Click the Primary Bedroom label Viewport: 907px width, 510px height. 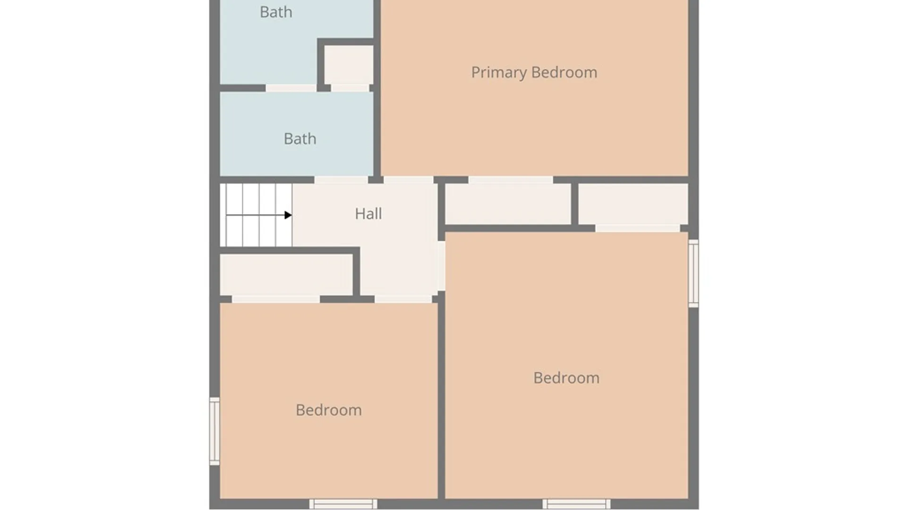(x=534, y=72)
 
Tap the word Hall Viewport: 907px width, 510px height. (x=368, y=213)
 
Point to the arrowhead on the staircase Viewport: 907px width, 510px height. (x=288, y=215)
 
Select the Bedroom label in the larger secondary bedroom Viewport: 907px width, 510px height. (x=566, y=378)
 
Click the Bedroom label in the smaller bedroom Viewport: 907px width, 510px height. (x=328, y=410)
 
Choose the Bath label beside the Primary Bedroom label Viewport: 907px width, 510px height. (x=276, y=12)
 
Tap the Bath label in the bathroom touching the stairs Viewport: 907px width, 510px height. (x=299, y=138)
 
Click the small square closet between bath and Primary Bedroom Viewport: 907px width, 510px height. (x=349, y=65)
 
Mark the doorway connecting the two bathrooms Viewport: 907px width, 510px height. (x=291, y=88)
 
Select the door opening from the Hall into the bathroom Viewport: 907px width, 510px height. (x=341, y=180)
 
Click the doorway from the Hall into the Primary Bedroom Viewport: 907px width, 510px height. (x=408, y=180)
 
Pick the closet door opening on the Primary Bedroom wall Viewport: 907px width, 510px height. (x=510, y=180)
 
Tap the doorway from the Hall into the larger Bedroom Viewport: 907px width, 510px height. (x=441, y=266)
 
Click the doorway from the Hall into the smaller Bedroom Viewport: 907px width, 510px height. (x=403, y=299)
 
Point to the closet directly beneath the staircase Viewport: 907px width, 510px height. (x=286, y=274)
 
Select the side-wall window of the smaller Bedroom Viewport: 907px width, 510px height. (x=214, y=431)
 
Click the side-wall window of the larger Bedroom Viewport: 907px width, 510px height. (x=693, y=273)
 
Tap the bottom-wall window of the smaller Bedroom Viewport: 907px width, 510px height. (x=343, y=504)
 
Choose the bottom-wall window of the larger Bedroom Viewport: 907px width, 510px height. (x=576, y=504)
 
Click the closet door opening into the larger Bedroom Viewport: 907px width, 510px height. (x=637, y=229)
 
